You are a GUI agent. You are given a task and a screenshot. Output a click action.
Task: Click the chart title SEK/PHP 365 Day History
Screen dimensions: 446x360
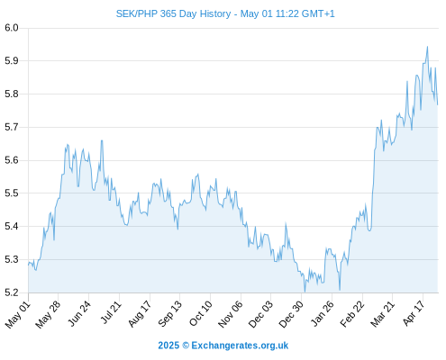(173, 13)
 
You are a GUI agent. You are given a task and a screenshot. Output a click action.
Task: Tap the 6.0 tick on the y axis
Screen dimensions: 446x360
(12, 28)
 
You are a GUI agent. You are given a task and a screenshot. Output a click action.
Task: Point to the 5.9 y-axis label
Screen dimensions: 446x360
(12, 61)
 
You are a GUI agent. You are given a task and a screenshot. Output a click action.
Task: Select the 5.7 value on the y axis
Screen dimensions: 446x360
(12, 127)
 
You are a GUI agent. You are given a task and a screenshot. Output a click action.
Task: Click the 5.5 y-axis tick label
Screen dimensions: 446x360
(12, 193)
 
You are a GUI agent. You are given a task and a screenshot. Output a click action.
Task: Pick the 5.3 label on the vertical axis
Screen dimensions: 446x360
(12, 259)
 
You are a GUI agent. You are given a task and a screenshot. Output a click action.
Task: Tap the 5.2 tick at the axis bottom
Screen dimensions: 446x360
(12, 292)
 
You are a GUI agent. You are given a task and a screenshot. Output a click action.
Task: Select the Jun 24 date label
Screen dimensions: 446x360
(79, 313)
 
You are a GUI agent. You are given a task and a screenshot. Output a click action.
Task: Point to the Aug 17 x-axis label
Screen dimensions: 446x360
(140, 314)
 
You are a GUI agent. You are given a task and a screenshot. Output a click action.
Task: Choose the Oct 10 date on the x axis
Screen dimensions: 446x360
(201, 313)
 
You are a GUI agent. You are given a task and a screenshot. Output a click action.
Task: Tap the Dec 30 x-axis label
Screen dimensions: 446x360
(291, 314)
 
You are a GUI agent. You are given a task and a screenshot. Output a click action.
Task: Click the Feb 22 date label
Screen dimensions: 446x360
(352, 314)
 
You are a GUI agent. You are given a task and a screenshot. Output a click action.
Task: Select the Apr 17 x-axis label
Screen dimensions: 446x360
(414, 313)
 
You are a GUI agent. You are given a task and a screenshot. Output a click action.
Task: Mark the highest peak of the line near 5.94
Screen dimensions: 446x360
(427, 47)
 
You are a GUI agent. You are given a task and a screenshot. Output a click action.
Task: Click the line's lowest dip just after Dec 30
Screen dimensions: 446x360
(305, 292)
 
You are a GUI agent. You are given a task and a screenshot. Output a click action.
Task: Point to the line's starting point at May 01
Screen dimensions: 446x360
(29, 265)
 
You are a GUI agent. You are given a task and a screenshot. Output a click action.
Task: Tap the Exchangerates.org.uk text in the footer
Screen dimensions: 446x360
(240, 346)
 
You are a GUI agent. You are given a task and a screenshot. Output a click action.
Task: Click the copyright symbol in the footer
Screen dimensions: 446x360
(186, 346)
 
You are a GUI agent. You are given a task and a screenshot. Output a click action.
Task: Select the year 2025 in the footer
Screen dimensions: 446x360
(168, 346)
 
